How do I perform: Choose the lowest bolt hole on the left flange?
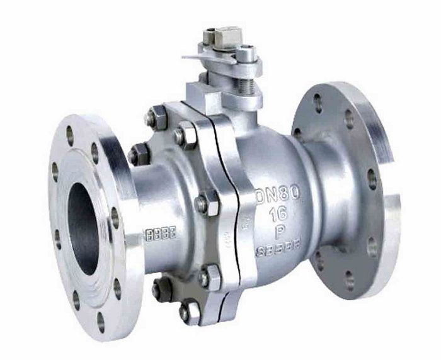(100, 322)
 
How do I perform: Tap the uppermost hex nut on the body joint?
(156, 118)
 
